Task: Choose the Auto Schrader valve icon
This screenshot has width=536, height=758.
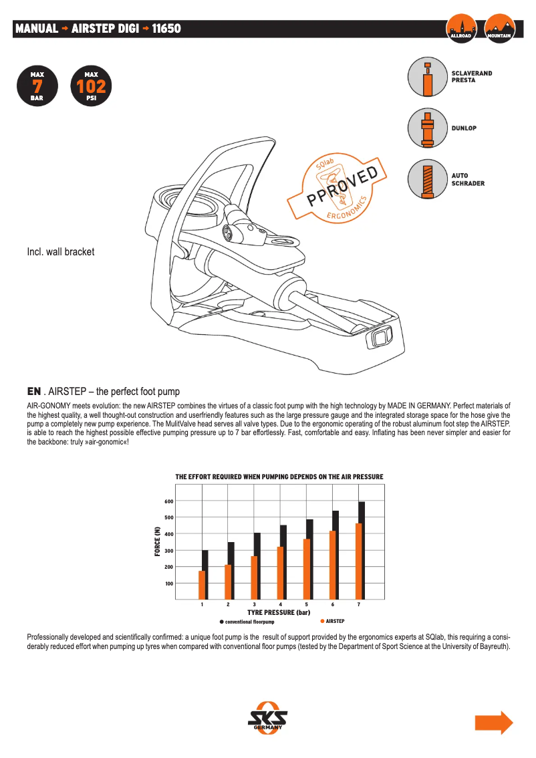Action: pos(427,178)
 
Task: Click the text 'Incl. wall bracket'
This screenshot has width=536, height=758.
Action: pos(61,252)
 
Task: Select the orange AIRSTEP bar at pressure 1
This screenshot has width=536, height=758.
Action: pos(202,585)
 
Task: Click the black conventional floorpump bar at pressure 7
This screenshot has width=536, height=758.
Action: pos(362,550)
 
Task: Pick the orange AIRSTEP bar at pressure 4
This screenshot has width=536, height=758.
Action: pos(280,573)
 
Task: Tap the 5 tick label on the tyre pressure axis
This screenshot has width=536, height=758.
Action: pos(306,604)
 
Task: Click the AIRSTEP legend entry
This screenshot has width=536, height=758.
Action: pos(332,621)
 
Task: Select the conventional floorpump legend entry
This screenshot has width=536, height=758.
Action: pos(247,622)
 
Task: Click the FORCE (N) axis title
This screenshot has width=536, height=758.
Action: pos(158,541)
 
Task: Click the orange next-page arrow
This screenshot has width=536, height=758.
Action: pos(493,723)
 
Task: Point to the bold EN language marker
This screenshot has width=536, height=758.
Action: pos(34,391)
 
